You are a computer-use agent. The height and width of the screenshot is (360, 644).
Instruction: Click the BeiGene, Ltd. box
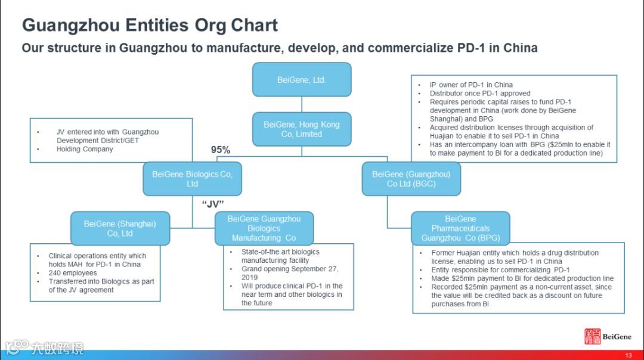[301, 80]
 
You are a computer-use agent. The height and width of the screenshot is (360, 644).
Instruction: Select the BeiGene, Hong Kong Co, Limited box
[301, 129]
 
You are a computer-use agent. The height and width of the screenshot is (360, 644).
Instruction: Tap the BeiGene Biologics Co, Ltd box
[192, 179]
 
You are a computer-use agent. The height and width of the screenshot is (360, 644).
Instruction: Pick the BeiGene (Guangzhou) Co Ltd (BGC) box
[411, 179]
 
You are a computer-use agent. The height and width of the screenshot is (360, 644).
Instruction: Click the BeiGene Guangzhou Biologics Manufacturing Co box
[264, 228]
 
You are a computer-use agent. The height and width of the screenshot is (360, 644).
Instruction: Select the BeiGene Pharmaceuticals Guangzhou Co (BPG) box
[460, 228]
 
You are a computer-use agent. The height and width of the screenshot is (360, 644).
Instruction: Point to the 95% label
[221, 150]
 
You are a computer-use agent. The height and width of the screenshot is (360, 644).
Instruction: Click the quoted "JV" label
[213, 204]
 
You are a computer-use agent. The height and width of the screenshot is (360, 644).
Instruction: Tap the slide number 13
[628, 355]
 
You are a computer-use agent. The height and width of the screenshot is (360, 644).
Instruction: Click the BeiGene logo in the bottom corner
[607, 337]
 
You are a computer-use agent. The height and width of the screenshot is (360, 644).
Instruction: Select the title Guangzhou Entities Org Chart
[150, 26]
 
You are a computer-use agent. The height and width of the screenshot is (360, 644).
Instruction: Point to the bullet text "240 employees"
[73, 273]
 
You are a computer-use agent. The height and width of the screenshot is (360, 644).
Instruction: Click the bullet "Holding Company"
[85, 149]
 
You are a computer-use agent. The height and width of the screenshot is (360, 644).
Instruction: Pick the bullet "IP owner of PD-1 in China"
[471, 85]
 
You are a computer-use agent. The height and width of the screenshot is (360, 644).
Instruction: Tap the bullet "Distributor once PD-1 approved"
[480, 94]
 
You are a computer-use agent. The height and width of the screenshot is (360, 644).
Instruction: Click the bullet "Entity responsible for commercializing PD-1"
[500, 270]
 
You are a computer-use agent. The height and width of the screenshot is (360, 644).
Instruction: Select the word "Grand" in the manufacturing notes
[252, 269]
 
